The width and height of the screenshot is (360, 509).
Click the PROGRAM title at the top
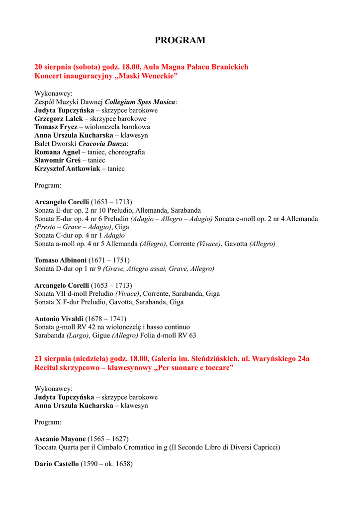pyautogui.click(x=180, y=41)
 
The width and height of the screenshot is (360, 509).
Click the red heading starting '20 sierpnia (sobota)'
pyautogui.click(x=141, y=67)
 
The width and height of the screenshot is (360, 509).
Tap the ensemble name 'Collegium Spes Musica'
pyautogui.click(x=140, y=102)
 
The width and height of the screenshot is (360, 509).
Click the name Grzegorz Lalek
pyautogui.click(x=55, y=119)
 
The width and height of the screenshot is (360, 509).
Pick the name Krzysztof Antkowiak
pyautogui.click(x=66, y=169)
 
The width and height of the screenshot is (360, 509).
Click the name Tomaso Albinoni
pyautogui.click(x=60, y=260)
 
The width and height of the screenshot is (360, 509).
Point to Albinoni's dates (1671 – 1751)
pyautogui.click(x=109, y=260)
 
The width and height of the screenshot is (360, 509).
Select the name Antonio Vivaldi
pyautogui.click(x=59, y=319)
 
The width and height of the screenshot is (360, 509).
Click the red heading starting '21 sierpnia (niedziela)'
pyautogui.click(x=172, y=359)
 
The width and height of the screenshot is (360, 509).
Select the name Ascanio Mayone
pyautogui.click(x=60, y=439)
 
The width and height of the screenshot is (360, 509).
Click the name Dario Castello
pyautogui.click(x=56, y=464)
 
